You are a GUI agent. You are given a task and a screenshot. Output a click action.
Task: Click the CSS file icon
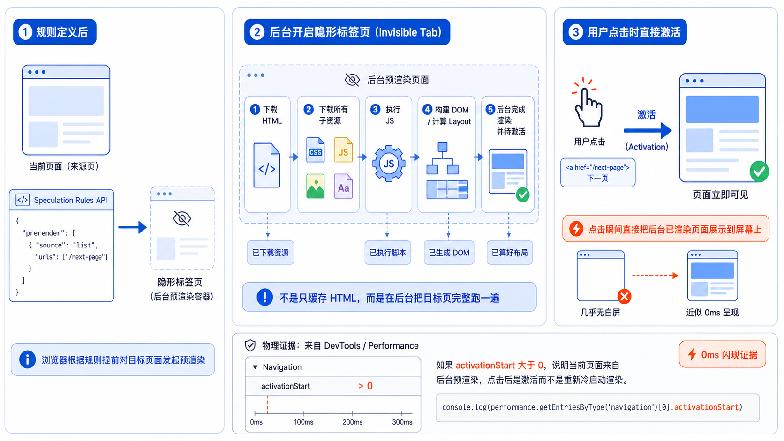click(x=315, y=149)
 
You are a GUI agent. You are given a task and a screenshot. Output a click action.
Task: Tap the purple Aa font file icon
click(x=343, y=186)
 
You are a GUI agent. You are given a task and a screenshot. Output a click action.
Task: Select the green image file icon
click(x=315, y=186)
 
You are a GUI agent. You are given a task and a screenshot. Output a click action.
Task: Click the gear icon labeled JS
click(x=389, y=163)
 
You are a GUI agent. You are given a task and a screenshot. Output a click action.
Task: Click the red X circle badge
click(x=624, y=297)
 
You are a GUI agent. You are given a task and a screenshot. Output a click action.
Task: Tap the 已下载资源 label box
click(x=270, y=253)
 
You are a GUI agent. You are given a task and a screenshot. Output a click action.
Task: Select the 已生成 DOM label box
click(x=449, y=253)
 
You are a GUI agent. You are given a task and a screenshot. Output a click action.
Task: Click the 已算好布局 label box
click(x=510, y=253)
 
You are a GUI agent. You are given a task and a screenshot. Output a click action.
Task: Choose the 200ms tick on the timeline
click(x=352, y=413)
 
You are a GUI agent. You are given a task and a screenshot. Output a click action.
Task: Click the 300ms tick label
click(x=402, y=422)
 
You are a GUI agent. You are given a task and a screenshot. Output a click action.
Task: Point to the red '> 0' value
click(x=365, y=386)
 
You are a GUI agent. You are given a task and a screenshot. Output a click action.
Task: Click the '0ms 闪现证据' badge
click(x=723, y=354)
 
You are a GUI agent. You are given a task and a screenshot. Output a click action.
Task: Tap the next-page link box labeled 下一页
click(x=597, y=173)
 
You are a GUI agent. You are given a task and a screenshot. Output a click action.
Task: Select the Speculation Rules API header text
click(x=70, y=200)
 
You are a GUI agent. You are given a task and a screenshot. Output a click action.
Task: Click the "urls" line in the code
click(x=72, y=257)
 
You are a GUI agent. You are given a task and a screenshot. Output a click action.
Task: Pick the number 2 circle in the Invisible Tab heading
click(x=257, y=32)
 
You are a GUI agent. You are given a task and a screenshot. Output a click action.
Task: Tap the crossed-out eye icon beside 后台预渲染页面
click(x=352, y=80)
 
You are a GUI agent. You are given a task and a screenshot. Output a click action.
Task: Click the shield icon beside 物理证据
click(x=250, y=345)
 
